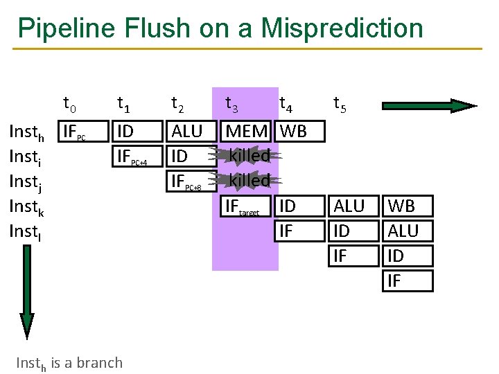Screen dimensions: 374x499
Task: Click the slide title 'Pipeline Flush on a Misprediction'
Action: [x=220, y=28]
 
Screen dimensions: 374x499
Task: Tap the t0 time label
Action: [x=70, y=105]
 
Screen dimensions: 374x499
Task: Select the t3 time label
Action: [x=232, y=105]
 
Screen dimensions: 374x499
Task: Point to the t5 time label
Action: [x=340, y=105]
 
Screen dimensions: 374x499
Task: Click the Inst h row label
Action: [x=26, y=132]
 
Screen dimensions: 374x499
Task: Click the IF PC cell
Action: [x=75, y=132]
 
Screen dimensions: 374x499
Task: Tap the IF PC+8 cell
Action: [x=186, y=181]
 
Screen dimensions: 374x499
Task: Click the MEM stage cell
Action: [x=247, y=132]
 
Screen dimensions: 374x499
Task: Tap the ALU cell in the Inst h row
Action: [x=186, y=132]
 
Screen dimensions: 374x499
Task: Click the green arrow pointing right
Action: [x=430, y=106]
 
